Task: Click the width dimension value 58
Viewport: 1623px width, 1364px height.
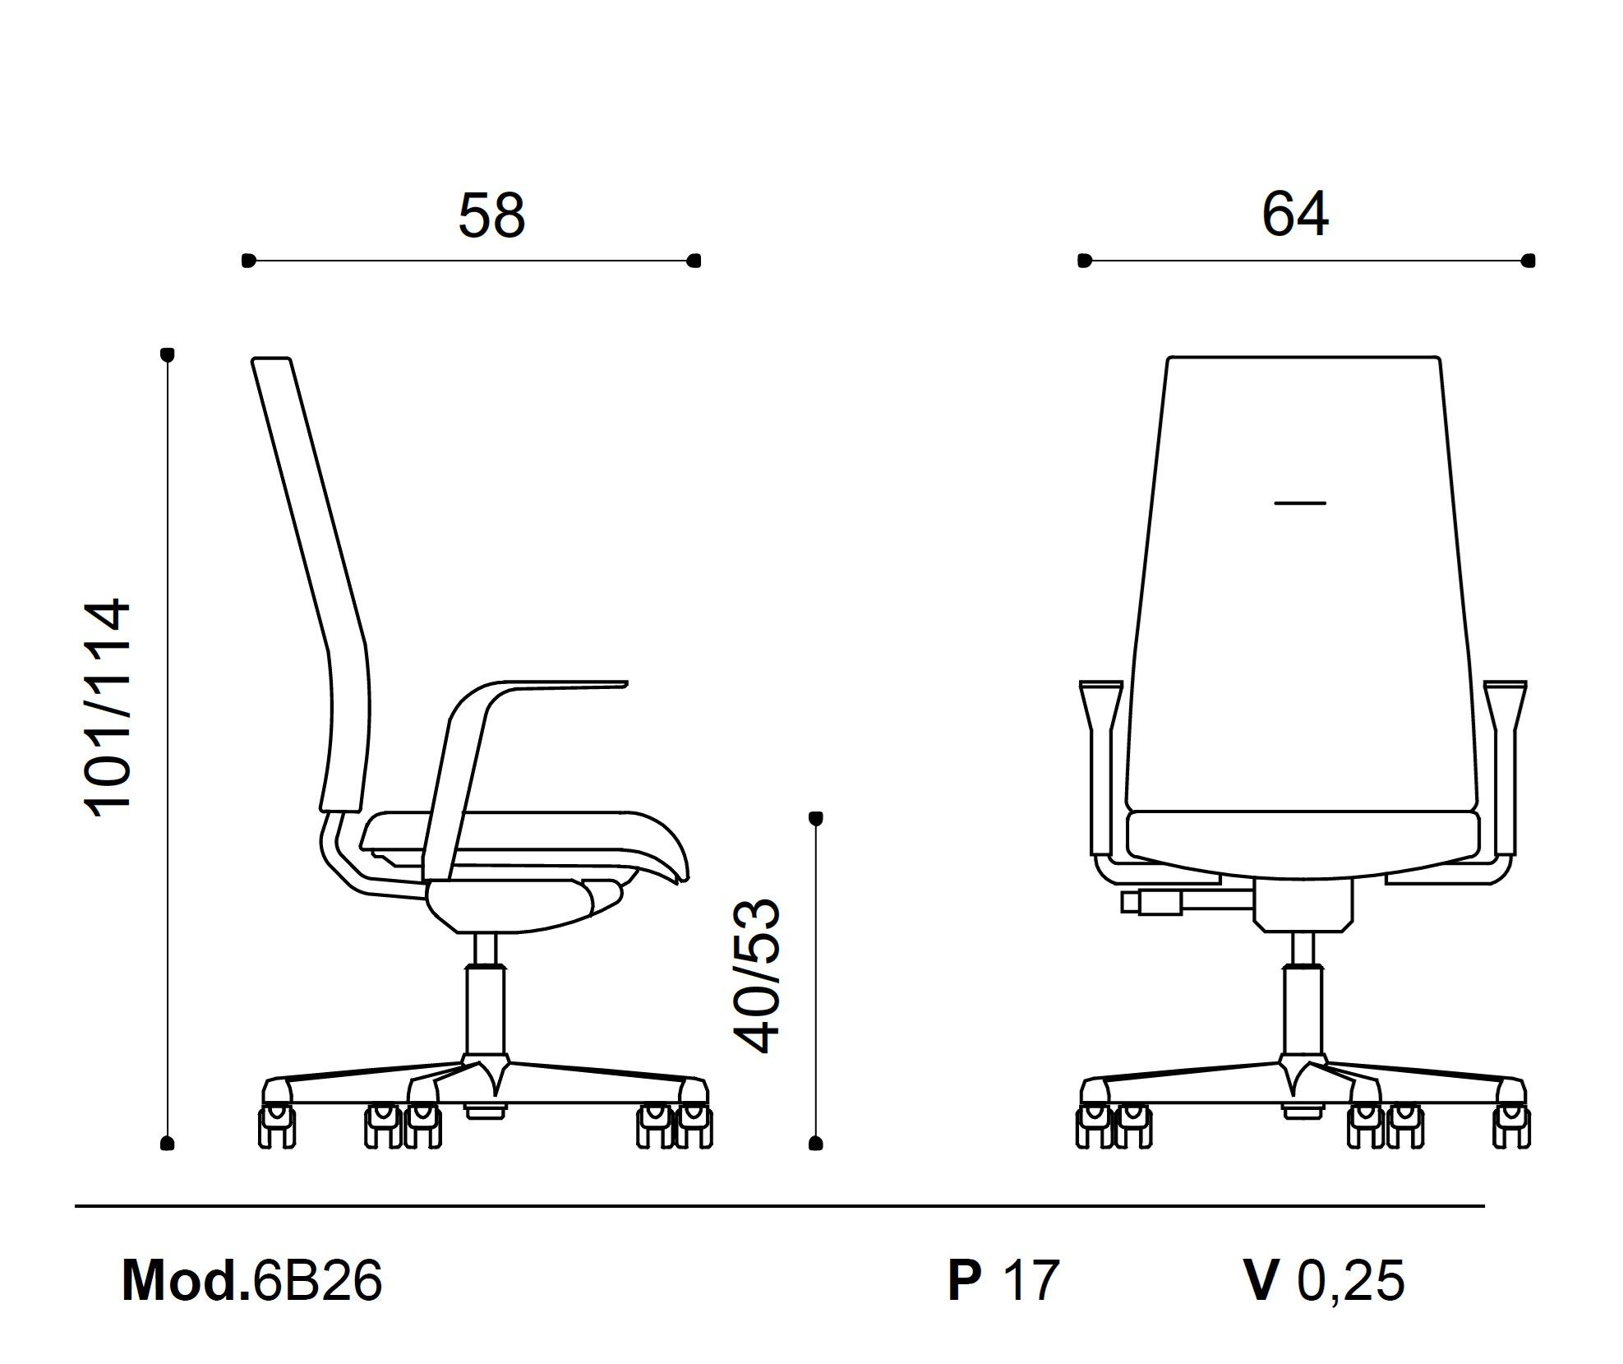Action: coord(491,215)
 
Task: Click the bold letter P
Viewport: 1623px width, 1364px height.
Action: coord(964,1280)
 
